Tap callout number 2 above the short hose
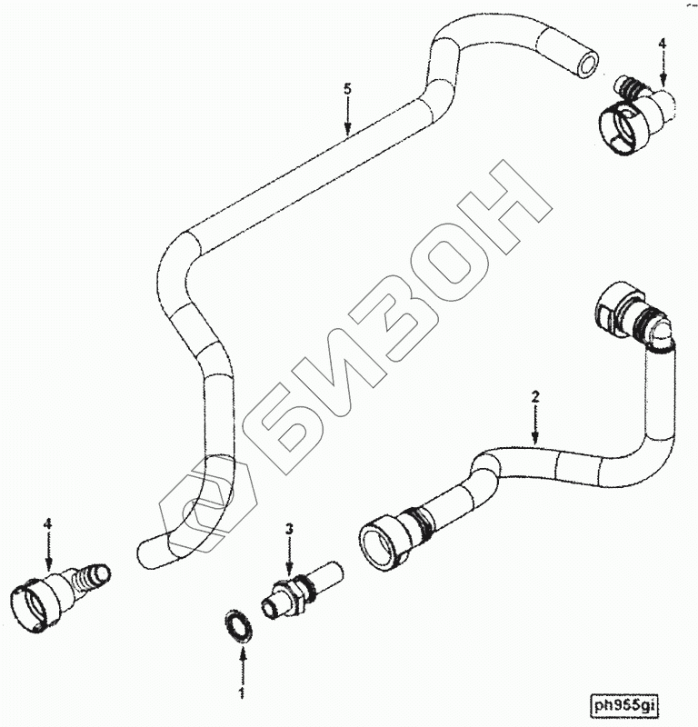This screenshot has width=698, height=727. click(535, 396)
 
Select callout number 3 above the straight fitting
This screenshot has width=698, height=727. click(289, 528)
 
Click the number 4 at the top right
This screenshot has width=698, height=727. click(663, 43)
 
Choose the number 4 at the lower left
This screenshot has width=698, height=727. click(48, 524)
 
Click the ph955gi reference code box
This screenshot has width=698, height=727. click(626, 705)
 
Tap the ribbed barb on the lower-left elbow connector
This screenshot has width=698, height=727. click(94, 575)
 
